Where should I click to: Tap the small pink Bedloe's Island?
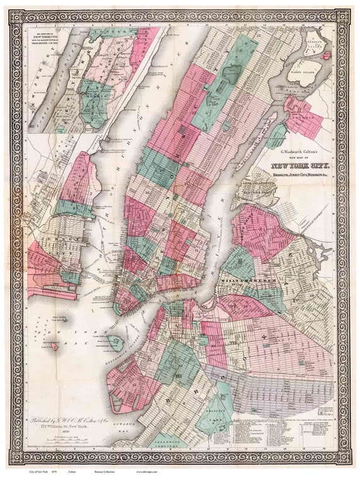[56, 346]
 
